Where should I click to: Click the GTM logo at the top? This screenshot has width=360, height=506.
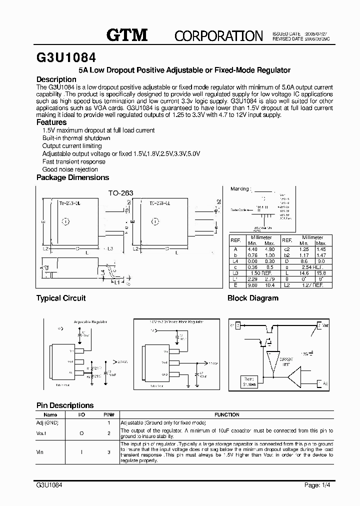point(127,34)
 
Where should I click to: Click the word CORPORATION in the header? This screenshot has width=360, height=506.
point(218,35)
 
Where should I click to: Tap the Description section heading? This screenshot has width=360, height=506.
point(56,79)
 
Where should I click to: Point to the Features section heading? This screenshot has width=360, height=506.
point(51,122)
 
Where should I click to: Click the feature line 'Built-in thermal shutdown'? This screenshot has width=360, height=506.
point(76,138)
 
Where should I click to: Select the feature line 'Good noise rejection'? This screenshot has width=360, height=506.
point(70,169)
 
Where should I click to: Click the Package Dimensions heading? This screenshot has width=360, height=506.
point(72,177)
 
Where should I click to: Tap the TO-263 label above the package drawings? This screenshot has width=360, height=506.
point(121,192)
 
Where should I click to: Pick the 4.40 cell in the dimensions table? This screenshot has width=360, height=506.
point(252,249)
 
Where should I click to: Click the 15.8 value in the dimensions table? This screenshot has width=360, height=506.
point(320,273)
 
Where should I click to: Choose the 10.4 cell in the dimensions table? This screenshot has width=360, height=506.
point(270,285)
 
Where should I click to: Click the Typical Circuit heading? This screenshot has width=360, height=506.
point(61,298)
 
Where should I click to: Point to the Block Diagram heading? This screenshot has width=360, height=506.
point(253,298)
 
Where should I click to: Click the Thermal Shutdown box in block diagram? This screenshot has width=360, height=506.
point(248,382)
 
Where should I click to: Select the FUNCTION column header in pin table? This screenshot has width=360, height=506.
point(227,414)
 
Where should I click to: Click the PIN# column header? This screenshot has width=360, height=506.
point(109,414)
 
